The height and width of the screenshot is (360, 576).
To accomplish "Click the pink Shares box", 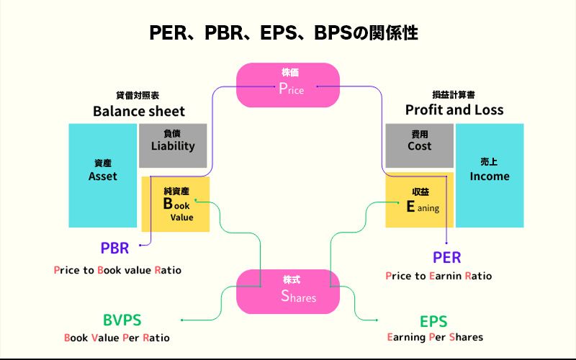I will (x=288, y=291).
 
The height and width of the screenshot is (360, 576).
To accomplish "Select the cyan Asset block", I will (x=102, y=176).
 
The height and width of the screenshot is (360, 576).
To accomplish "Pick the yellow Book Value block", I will (x=176, y=204).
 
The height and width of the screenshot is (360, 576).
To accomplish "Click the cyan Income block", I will (x=490, y=176).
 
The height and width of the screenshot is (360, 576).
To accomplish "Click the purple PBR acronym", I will (x=114, y=249).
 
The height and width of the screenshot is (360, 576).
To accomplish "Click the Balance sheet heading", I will (x=139, y=111).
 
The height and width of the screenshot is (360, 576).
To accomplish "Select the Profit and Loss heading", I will (x=454, y=110).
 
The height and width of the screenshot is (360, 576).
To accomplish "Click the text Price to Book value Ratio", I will (x=117, y=271).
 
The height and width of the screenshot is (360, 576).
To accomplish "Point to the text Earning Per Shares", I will (x=435, y=337).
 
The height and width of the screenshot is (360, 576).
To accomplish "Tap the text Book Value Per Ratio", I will (x=117, y=337).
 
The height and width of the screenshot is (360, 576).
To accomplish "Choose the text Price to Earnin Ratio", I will (x=438, y=276).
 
